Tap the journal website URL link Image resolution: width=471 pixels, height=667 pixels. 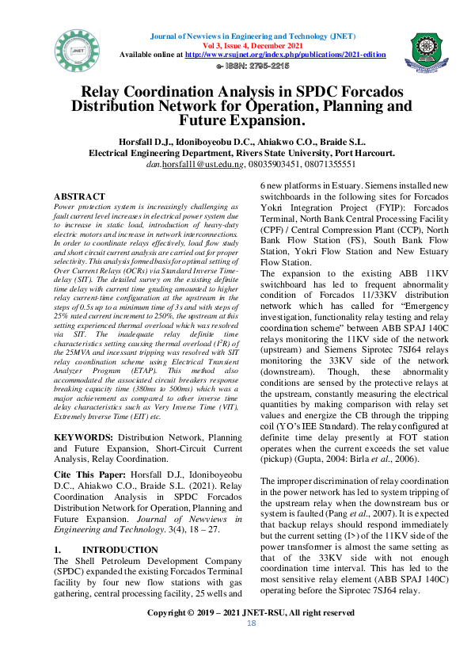(x=285, y=55)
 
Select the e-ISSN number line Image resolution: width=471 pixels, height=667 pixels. (x=253, y=65)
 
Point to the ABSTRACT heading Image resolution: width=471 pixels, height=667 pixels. (x=79, y=196)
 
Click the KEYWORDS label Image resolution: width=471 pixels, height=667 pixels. (x=88, y=437)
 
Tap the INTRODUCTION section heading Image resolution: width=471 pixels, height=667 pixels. (x=120, y=549)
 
